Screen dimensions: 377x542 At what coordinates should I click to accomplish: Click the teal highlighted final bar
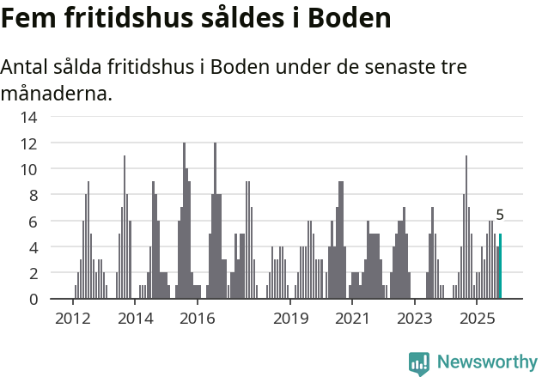point(500,266)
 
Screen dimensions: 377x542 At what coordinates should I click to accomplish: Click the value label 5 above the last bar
point(500,216)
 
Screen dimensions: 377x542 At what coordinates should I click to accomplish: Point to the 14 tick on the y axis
point(29,117)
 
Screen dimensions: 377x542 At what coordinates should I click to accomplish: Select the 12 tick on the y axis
point(29,143)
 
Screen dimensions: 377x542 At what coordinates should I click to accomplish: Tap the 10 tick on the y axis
point(29,169)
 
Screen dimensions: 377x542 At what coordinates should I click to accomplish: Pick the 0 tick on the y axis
point(33,299)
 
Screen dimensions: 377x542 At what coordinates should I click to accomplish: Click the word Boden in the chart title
point(342,18)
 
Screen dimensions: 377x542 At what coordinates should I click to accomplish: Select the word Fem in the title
point(27,18)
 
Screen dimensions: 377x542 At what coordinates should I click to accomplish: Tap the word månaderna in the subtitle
point(56,93)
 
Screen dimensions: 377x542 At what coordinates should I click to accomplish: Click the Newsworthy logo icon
point(419,362)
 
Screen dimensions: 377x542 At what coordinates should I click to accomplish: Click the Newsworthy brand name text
point(486,362)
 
